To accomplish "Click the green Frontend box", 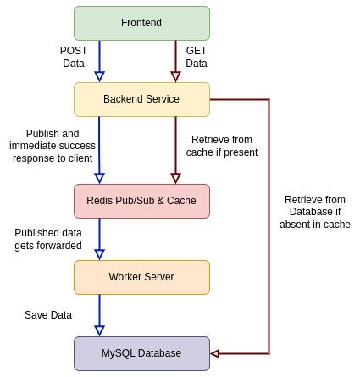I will pyautogui.click(x=141, y=21).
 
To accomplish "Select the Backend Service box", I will pyautogui.click(x=141, y=99).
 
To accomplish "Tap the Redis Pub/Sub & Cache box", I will pyautogui.click(x=141, y=201).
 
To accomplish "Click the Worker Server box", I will pyautogui.click(x=141, y=277).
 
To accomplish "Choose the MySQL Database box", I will pyautogui.click(x=141, y=352).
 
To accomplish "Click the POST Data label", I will pyautogui.click(x=74, y=58).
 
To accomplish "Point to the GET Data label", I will pyautogui.click(x=196, y=58).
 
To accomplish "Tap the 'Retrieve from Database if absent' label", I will pyautogui.click(x=314, y=212).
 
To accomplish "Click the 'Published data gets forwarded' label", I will pyautogui.click(x=48, y=238).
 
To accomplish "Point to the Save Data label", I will pyautogui.click(x=47, y=314).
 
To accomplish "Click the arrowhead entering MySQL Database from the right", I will pyautogui.click(x=215, y=352).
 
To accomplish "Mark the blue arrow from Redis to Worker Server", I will pyautogui.click(x=100, y=238).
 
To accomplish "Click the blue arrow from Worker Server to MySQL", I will pyautogui.click(x=100, y=314).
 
